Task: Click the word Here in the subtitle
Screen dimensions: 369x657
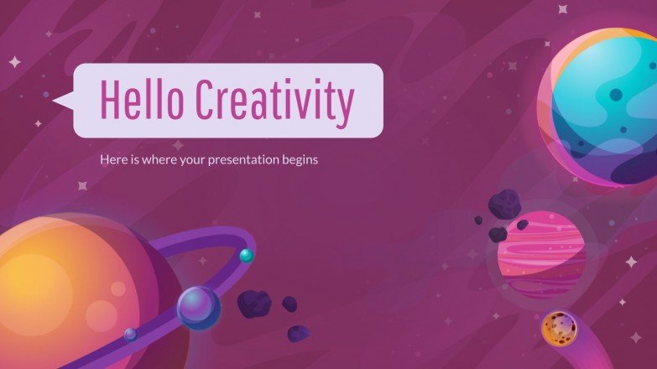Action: tap(112, 159)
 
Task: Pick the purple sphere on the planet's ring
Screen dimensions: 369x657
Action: tap(198, 307)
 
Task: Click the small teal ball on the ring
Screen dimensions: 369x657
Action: tap(246, 256)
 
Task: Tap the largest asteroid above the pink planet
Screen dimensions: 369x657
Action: tap(505, 203)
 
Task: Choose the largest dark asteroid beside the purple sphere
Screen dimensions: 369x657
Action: tap(253, 304)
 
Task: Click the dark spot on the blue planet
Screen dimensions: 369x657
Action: tap(617, 95)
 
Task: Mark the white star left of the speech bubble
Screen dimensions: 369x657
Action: tap(14, 61)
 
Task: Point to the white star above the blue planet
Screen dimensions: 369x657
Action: tap(562, 10)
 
